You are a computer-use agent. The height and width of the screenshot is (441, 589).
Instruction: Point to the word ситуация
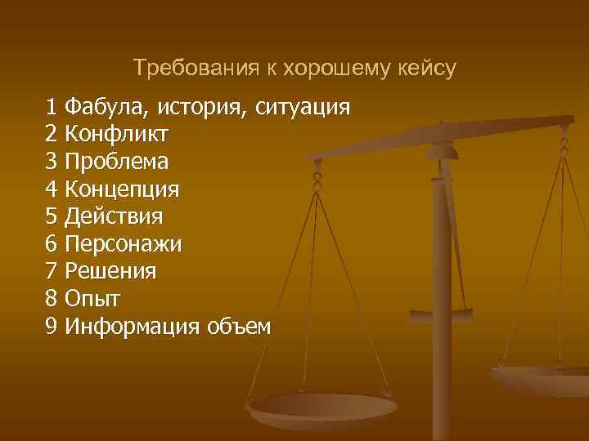point(303,107)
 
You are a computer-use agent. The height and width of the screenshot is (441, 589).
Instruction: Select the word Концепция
point(122,189)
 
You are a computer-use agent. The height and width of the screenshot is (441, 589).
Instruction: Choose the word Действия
point(114,216)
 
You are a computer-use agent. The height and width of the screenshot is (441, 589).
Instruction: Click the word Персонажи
point(124,244)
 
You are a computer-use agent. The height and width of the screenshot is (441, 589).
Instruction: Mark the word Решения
point(110,272)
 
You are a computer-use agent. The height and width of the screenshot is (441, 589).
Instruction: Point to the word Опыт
point(93,299)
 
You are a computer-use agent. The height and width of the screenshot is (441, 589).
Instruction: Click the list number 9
point(52,327)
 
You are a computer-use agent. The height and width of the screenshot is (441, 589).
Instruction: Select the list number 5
point(52,216)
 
